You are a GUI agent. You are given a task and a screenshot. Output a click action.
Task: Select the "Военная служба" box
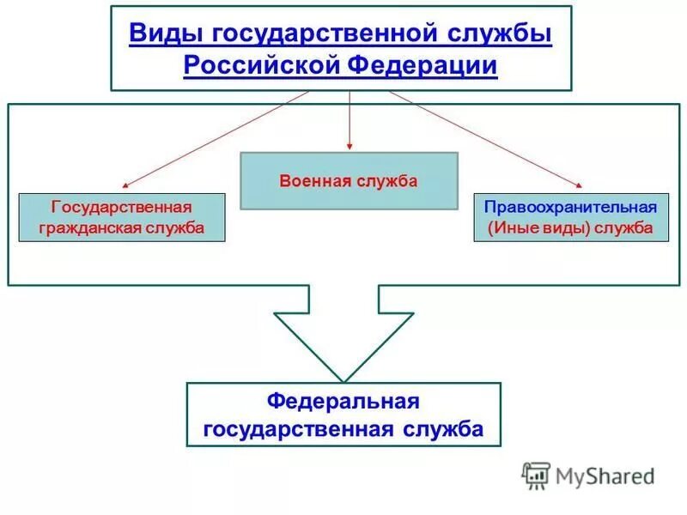tap(349, 181)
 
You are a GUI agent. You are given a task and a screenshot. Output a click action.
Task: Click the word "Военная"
tap(313, 181)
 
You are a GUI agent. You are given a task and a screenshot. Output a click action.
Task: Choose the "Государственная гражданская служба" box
tap(122, 217)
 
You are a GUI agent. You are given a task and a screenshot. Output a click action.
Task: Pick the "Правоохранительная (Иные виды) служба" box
tap(570, 217)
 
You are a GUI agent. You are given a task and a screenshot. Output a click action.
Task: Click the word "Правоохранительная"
tap(570, 207)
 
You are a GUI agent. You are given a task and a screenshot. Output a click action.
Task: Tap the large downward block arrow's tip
tap(343, 379)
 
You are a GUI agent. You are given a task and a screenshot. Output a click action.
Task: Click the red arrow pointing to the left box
tap(215, 138)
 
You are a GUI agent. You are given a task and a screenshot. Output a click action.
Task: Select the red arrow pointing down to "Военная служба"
tap(350, 120)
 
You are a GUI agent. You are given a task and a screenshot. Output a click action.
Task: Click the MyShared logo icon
tap(537, 475)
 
